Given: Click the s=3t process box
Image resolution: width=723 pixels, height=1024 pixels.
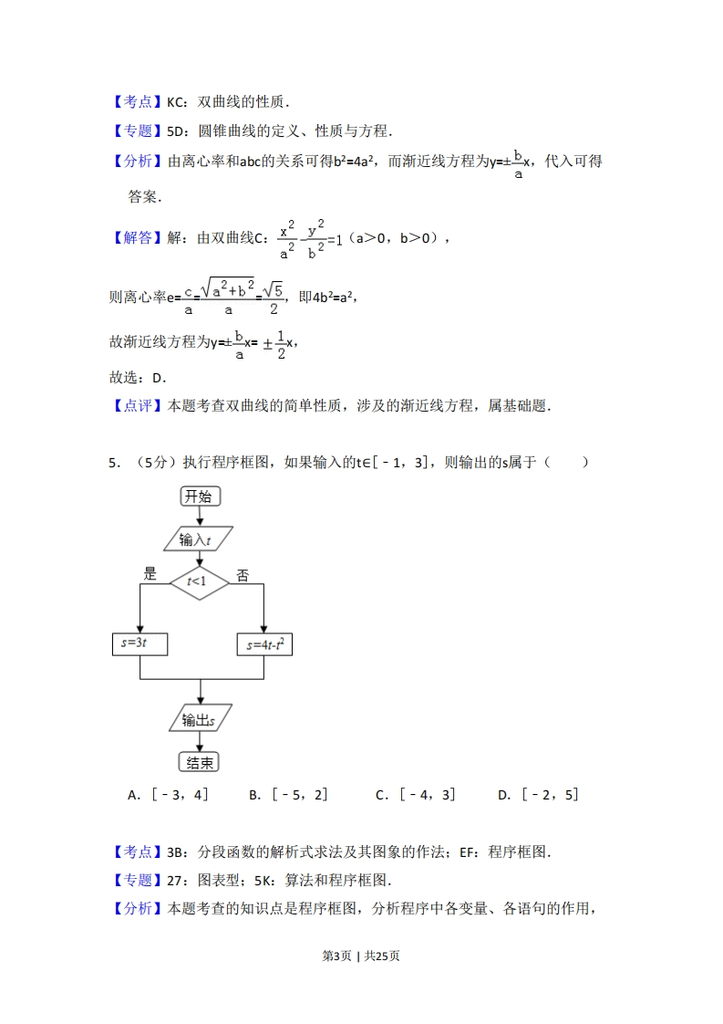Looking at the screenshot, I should (139, 643).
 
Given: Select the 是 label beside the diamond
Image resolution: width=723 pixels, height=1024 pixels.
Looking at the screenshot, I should (150, 574).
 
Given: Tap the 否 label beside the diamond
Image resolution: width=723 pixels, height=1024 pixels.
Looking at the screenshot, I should (243, 575).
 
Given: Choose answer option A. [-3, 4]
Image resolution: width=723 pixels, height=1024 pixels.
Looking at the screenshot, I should (169, 795).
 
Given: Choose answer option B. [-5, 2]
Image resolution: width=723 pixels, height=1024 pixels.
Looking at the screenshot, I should (288, 795).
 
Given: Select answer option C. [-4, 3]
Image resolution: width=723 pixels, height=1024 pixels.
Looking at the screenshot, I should (415, 795).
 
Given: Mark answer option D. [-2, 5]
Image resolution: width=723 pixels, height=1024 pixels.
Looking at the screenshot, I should (538, 795).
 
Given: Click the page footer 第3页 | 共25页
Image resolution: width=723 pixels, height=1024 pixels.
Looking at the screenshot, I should (361, 956).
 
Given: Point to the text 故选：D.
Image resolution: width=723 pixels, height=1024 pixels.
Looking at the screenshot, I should (138, 378).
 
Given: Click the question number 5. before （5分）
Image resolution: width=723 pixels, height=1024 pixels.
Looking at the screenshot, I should (114, 462).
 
